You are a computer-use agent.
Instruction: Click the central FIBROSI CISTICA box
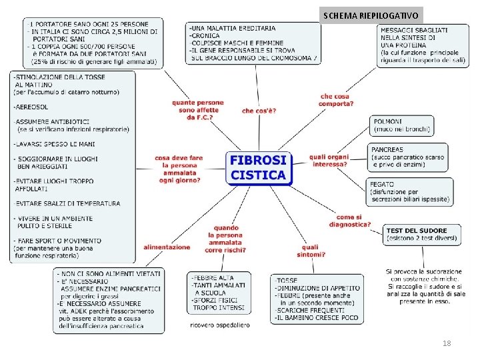259,168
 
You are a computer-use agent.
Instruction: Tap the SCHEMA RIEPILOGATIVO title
371,15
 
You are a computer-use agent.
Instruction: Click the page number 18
446,343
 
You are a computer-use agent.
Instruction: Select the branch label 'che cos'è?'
259,111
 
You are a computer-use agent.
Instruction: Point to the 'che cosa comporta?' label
335,100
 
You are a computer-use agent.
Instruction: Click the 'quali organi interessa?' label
329,161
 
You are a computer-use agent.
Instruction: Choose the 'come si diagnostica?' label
353,221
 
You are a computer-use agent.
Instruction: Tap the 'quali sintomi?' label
313,251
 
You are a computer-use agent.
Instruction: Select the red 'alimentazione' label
167,247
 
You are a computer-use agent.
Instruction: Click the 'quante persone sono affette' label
197,110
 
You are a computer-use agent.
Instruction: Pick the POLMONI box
401,125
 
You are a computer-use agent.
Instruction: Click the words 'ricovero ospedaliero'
219,325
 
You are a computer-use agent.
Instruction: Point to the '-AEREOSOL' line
31,107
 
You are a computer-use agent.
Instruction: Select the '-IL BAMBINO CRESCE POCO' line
316,318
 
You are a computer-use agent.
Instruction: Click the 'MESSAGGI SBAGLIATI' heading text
414,30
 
